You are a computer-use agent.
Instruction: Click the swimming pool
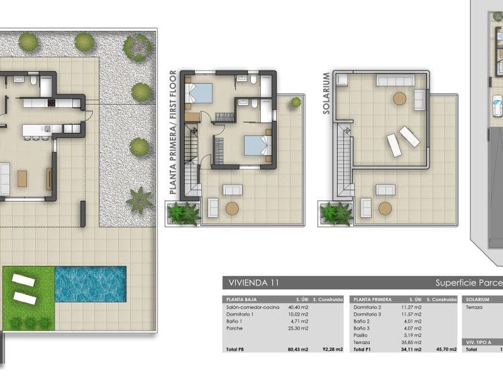(91, 283)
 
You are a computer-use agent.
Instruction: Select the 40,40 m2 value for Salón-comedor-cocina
(299, 307)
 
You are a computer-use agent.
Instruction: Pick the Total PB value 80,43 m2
(299, 349)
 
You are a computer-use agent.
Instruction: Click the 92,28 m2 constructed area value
(331, 349)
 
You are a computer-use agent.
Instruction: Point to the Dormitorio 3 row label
(368, 314)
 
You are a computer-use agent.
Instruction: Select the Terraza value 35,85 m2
(412, 341)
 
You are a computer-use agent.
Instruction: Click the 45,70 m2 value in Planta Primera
(443, 349)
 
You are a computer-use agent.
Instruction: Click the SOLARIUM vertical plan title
(326, 93)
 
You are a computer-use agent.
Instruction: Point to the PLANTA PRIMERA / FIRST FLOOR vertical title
(173, 132)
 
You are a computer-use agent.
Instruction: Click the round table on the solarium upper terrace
(399, 98)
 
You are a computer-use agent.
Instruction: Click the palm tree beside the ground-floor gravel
(139, 200)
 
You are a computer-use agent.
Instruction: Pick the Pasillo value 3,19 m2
(412, 335)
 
